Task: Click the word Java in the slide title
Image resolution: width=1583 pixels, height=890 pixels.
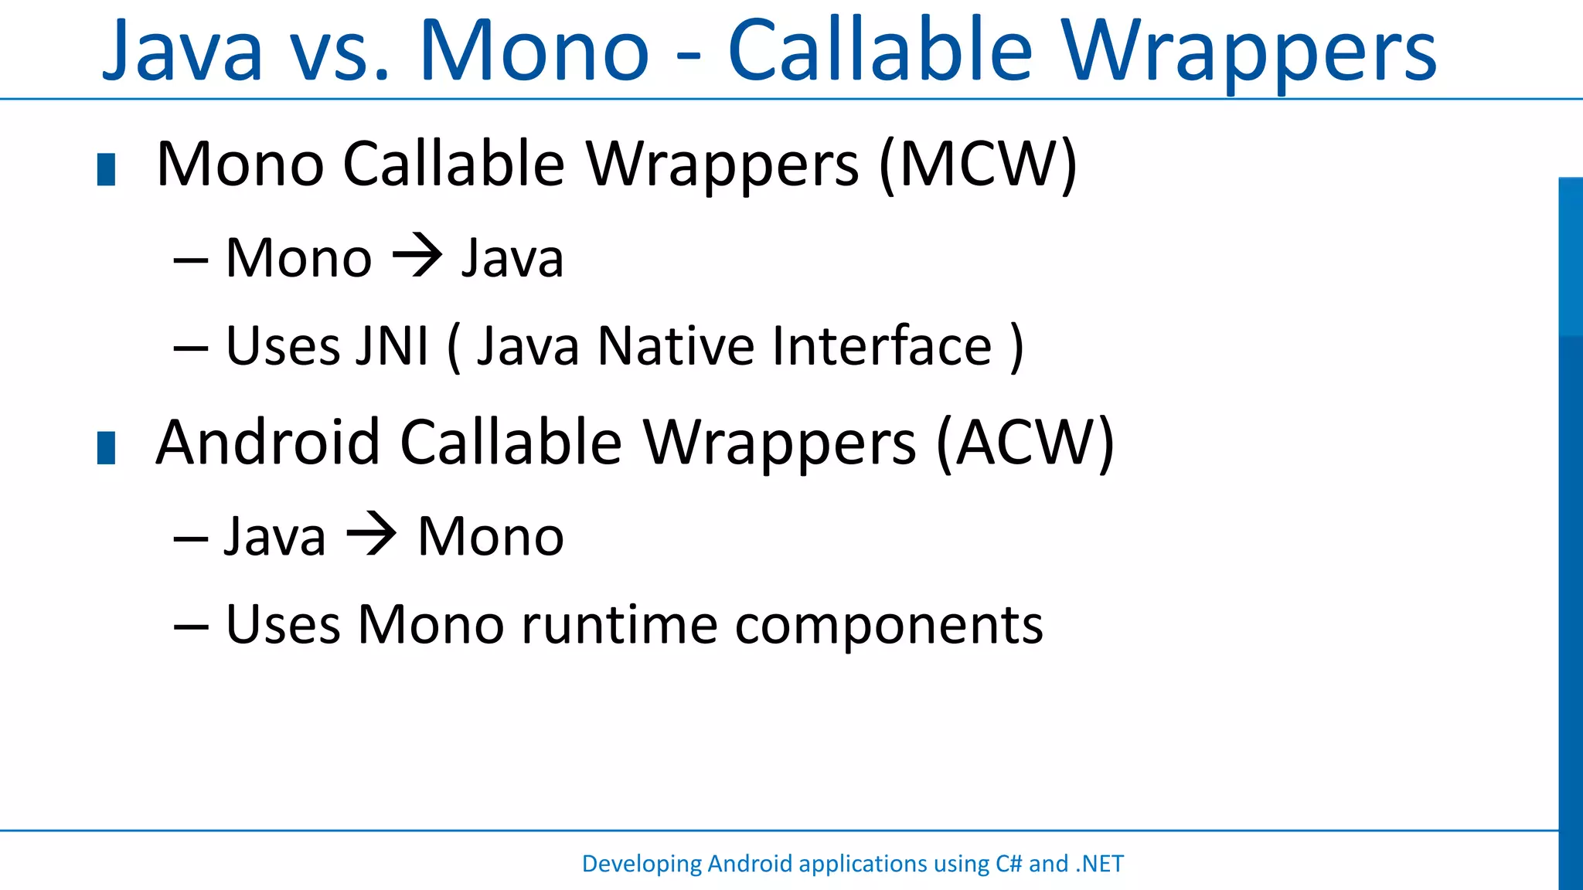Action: (183, 51)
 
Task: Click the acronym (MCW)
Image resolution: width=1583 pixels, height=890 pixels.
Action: (978, 165)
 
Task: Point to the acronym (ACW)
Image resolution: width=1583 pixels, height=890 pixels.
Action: (1025, 443)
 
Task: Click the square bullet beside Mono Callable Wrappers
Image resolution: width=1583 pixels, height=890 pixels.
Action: (106, 170)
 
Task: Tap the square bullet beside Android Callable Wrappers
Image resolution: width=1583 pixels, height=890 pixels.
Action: (106, 448)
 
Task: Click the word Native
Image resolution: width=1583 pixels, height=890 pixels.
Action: (676, 345)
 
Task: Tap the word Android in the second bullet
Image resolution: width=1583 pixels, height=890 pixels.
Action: (268, 443)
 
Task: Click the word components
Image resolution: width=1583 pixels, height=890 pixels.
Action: (889, 626)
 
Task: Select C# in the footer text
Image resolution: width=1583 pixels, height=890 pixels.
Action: (1008, 863)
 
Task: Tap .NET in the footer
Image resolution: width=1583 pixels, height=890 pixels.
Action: (1099, 863)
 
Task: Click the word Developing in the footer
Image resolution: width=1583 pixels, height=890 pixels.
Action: (642, 864)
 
